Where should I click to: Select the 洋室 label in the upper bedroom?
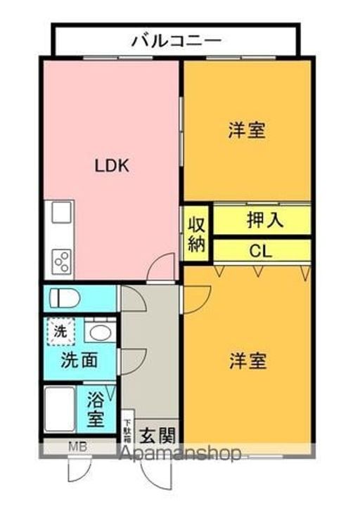coord(247,131)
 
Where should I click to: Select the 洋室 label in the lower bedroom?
coord(247,361)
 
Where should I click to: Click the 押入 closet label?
coord(264,220)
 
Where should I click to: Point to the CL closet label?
coord(261,251)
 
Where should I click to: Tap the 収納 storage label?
coord(196,235)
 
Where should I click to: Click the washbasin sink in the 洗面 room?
coord(98,332)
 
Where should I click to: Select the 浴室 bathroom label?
coord(96,411)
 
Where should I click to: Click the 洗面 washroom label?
coord(79,361)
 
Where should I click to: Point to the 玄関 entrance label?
coord(155,434)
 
